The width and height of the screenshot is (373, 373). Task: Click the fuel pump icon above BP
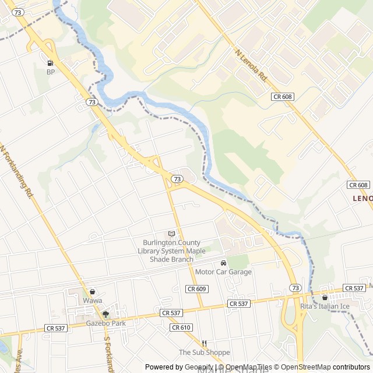click(50, 63)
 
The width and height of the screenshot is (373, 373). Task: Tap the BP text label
click(51, 72)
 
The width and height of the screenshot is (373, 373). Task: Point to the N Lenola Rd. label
click(251, 64)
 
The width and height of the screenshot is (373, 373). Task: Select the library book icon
click(171, 234)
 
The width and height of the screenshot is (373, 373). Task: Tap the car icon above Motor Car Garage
click(223, 263)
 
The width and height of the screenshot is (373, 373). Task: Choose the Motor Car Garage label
click(223, 272)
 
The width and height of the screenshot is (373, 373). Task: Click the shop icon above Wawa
click(92, 291)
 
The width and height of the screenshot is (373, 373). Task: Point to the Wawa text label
click(92, 301)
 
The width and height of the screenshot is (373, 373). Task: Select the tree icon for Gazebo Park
click(105, 314)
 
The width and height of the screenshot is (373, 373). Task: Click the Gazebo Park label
click(105, 323)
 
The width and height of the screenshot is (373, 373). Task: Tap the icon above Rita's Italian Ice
click(325, 297)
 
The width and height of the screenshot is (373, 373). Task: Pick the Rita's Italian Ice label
click(325, 307)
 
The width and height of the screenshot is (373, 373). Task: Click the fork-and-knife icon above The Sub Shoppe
click(204, 343)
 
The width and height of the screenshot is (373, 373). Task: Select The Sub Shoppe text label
click(204, 352)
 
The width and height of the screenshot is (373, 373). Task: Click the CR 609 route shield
click(197, 289)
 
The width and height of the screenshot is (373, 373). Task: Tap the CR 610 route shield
click(181, 328)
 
